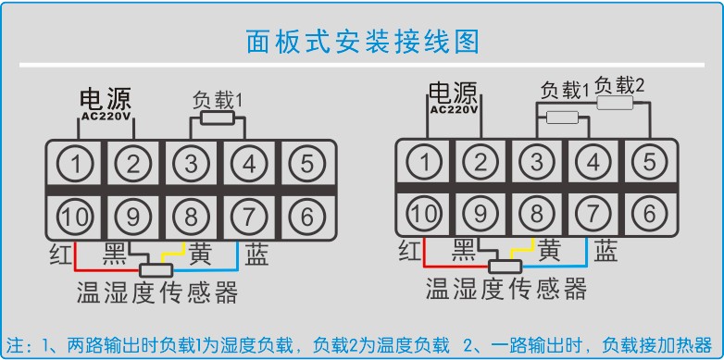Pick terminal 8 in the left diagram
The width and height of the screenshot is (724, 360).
coord(192,217)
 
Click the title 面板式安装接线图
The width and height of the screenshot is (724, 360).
coord(363,42)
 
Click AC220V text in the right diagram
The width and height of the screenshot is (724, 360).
coord(454,107)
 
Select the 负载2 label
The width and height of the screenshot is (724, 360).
coord(619,85)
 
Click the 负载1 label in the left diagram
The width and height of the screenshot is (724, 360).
coord(217,98)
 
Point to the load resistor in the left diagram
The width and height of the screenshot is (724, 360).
coord(217,118)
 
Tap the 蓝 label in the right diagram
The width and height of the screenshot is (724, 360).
coord(606,249)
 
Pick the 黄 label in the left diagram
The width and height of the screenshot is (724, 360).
coord(200,253)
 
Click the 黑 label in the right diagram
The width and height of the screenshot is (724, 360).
coord(466,249)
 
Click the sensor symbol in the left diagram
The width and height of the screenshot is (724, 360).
coord(156,270)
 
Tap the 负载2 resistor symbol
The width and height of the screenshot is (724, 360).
coord(616,105)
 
